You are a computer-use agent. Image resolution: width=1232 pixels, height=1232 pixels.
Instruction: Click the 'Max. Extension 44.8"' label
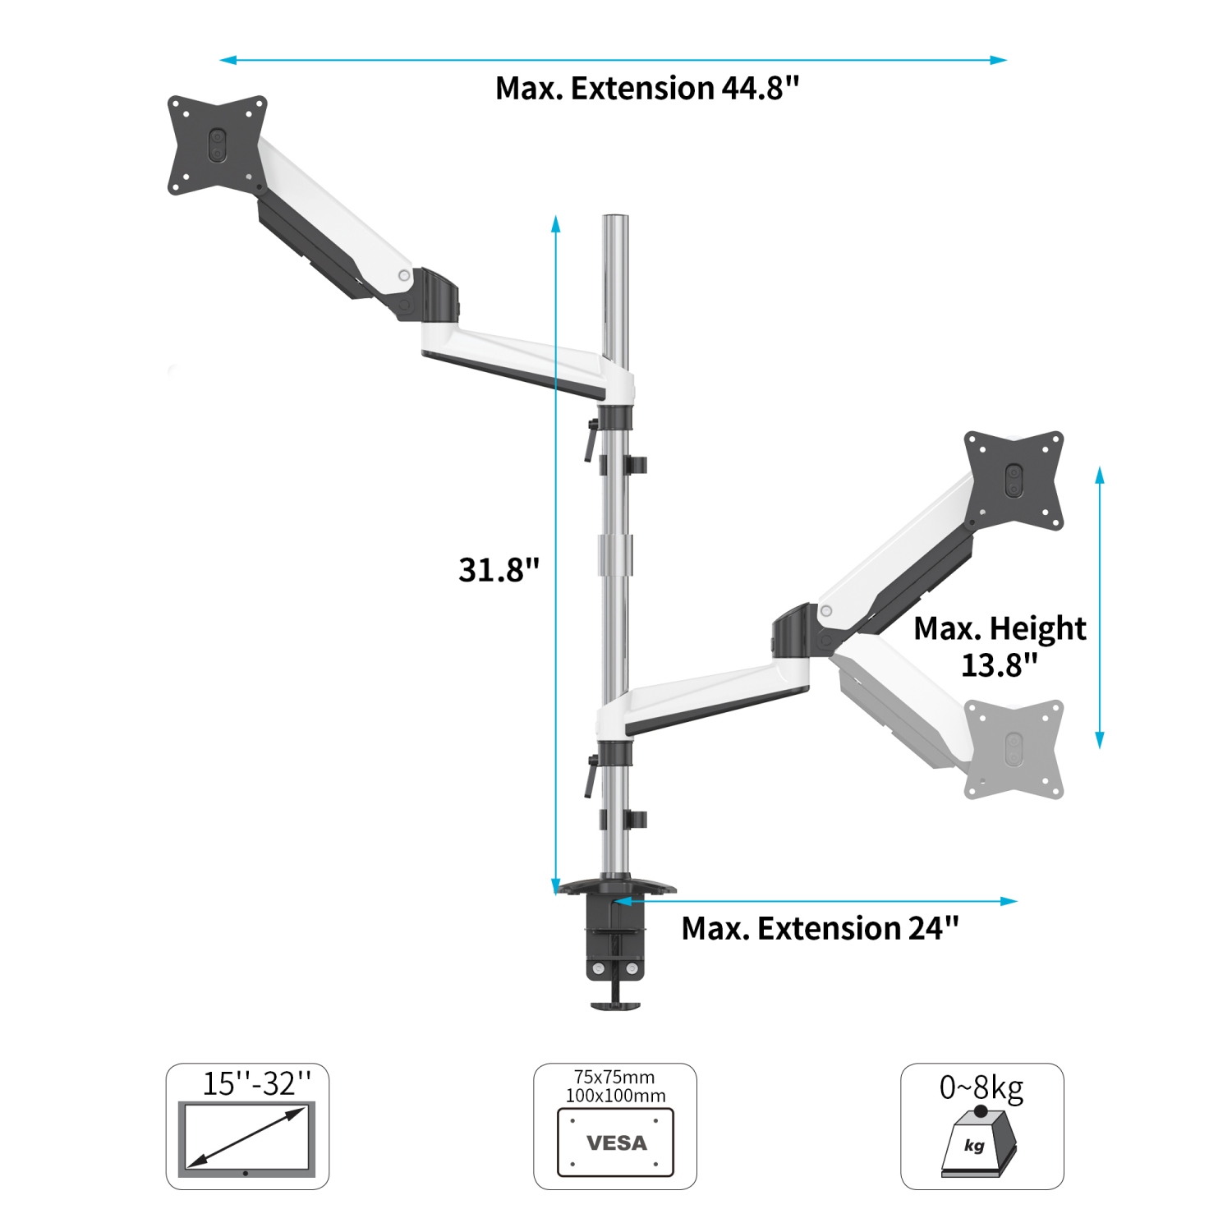[646, 89]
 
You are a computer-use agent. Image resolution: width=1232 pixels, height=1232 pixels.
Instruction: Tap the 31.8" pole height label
[499, 569]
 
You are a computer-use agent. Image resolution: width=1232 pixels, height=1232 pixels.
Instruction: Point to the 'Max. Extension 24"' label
[820, 929]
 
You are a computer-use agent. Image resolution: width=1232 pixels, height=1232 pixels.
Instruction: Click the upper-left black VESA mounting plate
[217, 145]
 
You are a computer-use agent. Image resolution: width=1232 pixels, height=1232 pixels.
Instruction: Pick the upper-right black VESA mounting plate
[1014, 480]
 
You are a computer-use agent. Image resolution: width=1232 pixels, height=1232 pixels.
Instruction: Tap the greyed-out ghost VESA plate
[1014, 748]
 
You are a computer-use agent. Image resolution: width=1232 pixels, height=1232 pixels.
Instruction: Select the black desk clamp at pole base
[615, 945]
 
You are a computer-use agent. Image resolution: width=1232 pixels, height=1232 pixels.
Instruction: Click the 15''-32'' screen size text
[257, 1084]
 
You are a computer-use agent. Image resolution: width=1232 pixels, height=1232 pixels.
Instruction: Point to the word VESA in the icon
[616, 1142]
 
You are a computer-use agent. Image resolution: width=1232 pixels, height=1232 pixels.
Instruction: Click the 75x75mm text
[614, 1077]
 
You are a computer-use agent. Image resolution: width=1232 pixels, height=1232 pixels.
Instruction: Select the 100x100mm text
[615, 1096]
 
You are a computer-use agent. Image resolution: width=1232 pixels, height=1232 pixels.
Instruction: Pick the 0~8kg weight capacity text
[981, 1087]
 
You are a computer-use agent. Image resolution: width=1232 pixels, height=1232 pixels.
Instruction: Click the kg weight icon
[977, 1142]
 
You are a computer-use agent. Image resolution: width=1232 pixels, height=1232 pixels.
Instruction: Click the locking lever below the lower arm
[590, 777]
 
